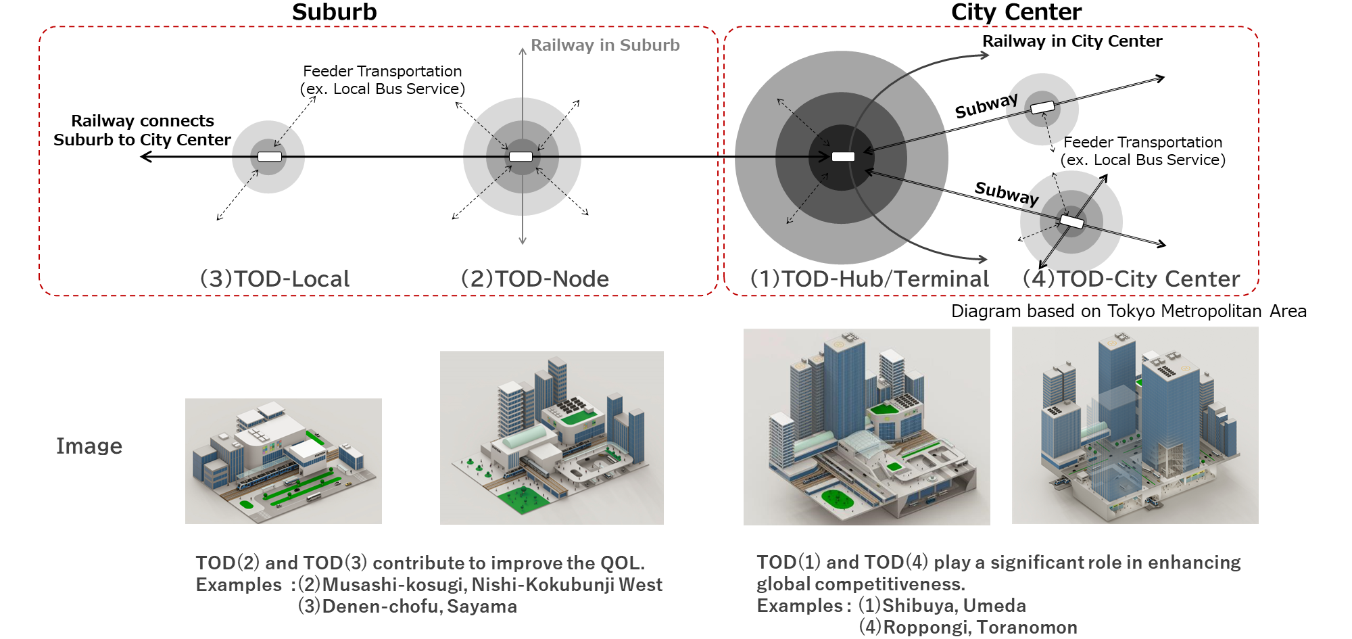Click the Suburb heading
pyautogui.click(x=334, y=12)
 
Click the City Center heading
pyautogui.click(x=1016, y=12)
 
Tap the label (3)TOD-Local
pyautogui.click(x=274, y=279)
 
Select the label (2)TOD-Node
pyautogui.click(x=535, y=279)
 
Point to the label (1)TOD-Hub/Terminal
pyautogui.click(x=869, y=279)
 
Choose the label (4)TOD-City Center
pyautogui.click(x=1131, y=279)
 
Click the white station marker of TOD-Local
pyautogui.click(x=270, y=157)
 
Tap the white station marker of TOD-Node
pyautogui.click(x=521, y=157)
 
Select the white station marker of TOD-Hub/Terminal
pyautogui.click(x=843, y=157)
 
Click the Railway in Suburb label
pyautogui.click(x=605, y=45)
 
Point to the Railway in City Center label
pyautogui.click(x=1072, y=41)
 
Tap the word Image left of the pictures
pyautogui.click(x=89, y=446)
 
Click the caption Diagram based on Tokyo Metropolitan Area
pyautogui.click(x=1128, y=311)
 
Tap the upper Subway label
pyautogui.click(x=986, y=106)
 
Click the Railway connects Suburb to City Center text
pyautogui.click(x=142, y=131)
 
